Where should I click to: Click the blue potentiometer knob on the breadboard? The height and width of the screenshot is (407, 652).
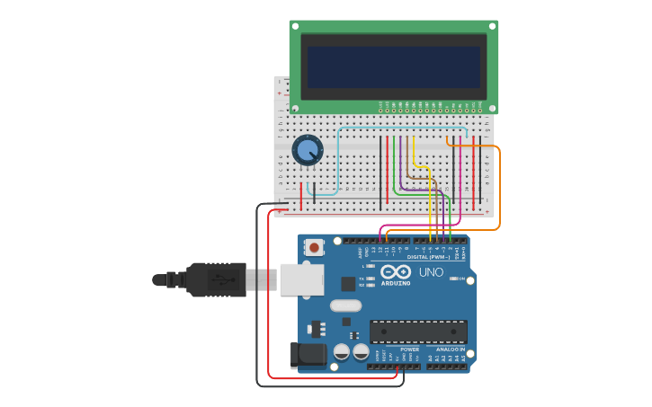pos(308,150)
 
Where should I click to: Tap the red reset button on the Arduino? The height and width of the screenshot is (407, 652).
pos(314,247)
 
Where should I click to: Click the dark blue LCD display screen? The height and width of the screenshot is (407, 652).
pos(393,67)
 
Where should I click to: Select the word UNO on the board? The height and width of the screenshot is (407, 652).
pos(431,272)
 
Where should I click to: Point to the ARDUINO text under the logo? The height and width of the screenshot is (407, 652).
pos(396,283)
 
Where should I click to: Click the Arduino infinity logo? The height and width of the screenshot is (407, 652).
pos(396,272)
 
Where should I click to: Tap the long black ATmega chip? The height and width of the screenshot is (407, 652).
pos(418,331)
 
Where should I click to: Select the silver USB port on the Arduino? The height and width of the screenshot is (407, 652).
pos(301,279)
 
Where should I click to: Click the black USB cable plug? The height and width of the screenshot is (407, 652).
pos(216,279)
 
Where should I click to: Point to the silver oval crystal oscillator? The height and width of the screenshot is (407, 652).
pos(345,305)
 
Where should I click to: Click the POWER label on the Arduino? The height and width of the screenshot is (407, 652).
pos(409,349)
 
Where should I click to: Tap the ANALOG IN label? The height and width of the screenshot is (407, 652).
pos(451,349)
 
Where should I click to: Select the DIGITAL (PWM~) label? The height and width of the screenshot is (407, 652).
pos(429,257)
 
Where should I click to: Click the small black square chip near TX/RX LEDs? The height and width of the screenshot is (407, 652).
pos(348,284)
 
